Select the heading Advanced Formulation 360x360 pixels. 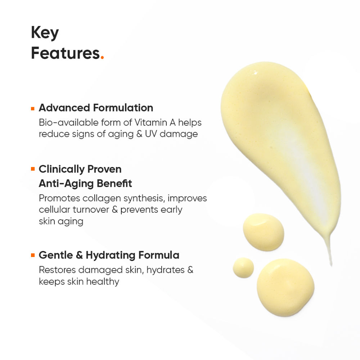pos(96,108)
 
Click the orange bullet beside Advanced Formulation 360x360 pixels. pos(33,108)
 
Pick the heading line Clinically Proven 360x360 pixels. pos(80,169)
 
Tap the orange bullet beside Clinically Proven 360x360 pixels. pos(33,169)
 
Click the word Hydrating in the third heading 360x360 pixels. pos(105,255)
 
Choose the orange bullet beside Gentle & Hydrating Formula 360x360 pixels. pos(33,255)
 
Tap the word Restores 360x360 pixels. pos(57,270)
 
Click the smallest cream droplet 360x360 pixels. pos(243,267)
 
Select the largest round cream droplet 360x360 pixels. pos(285,287)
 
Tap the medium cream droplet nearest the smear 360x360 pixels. pos(263,232)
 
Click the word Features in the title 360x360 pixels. pos(65,53)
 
